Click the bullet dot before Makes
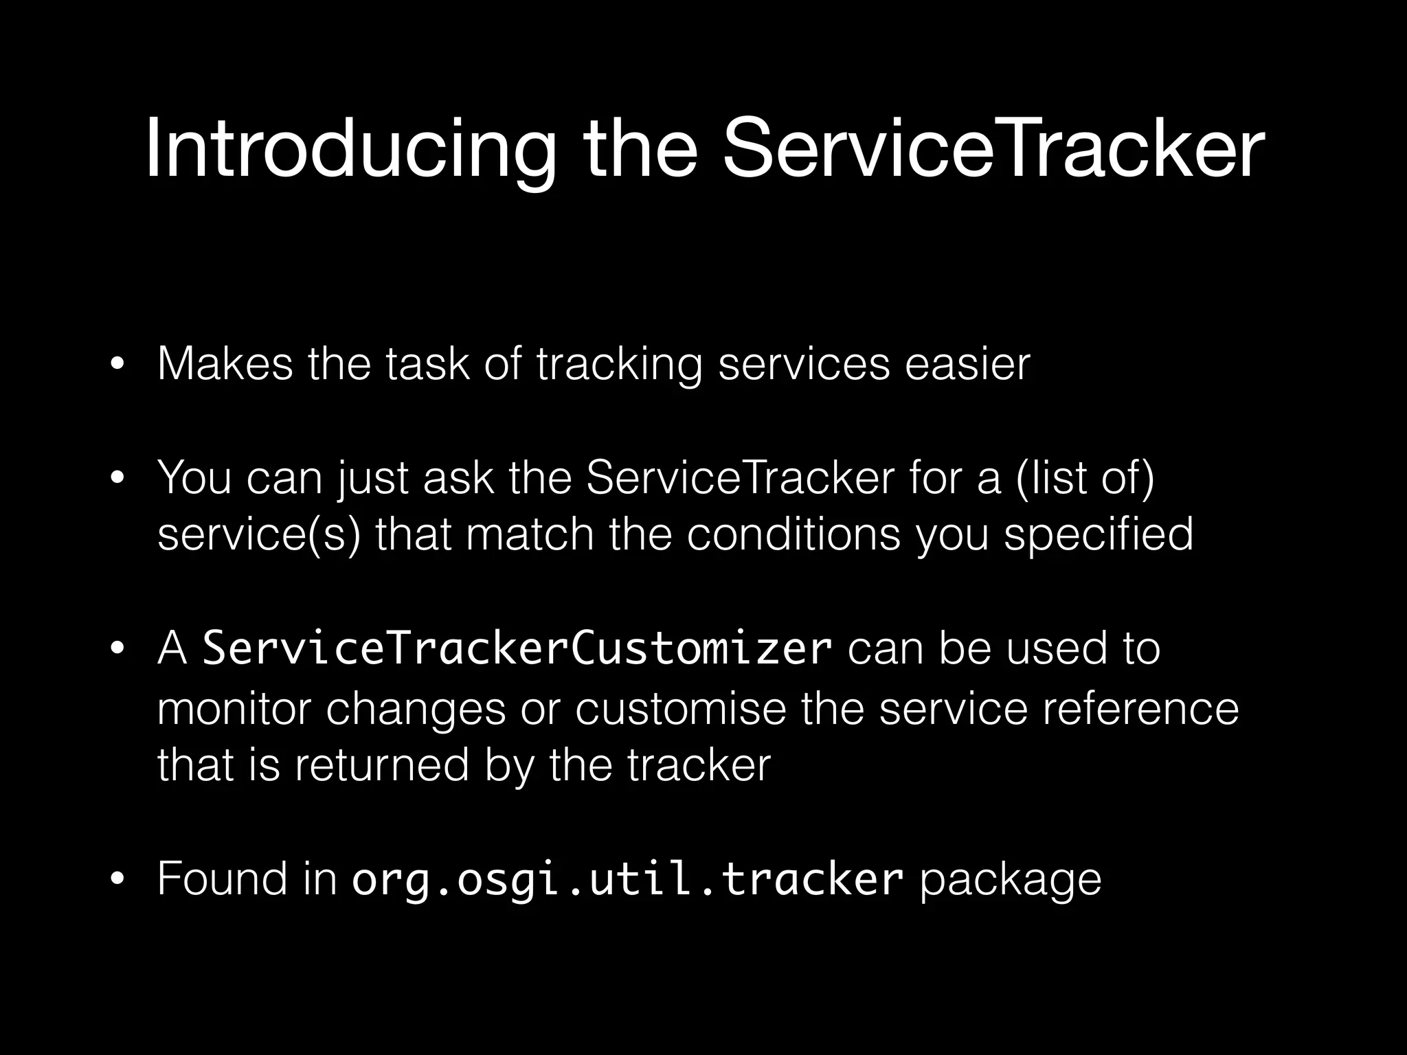[118, 365]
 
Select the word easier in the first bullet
[967, 364]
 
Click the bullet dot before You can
[118, 478]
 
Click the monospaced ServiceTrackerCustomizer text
[517, 649]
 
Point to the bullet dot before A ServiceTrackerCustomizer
[118, 649]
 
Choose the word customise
[680, 708]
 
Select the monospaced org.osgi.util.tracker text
[627, 879]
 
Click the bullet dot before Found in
[118, 879]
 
